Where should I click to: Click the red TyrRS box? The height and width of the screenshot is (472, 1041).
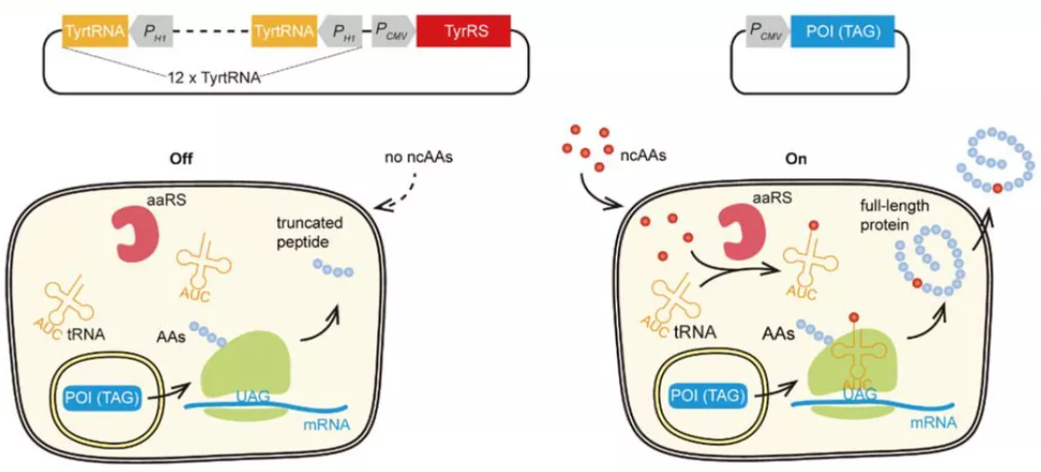click(463, 31)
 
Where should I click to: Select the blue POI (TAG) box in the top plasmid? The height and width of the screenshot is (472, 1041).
click(837, 31)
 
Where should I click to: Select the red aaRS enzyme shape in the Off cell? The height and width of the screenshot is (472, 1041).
click(142, 231)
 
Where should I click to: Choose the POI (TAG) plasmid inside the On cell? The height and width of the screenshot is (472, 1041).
click(709, 397)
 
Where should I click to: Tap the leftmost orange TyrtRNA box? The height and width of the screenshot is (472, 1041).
click(95, 31)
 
